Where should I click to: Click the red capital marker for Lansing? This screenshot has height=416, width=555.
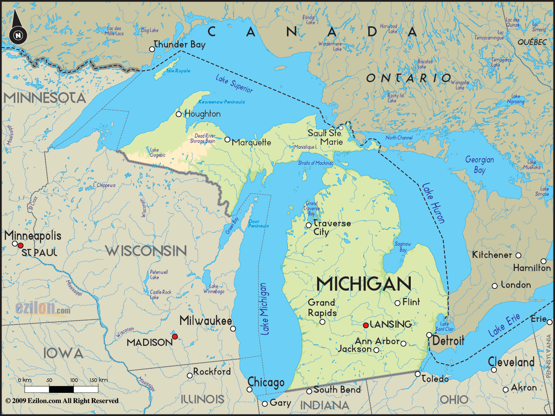click(366, 325)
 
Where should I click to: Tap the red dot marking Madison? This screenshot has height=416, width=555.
click(175, 336)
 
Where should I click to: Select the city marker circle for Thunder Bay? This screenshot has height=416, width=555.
click(152, 49)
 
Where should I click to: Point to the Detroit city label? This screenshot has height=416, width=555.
click(448, 340)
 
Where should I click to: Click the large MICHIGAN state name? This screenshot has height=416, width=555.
click(364, 284)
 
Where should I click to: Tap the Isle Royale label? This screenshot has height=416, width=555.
click(178, 71)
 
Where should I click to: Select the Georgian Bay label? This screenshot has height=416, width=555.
click(480, 165)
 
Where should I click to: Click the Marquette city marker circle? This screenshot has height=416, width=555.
click(227, 139)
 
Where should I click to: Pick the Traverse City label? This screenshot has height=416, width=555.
click(331, 228)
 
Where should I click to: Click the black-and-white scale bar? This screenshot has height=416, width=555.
click(61, 389)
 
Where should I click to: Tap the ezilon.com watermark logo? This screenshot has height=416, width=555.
click(43, 309)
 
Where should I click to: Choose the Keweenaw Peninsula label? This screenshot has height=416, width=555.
click(222, 102)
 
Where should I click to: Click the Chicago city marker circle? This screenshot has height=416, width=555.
click(249, 389)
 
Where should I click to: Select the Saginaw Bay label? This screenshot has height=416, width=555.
click(403, 247)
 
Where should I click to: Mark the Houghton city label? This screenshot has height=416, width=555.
click(202, 114)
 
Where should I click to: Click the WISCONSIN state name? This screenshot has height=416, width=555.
click(146, 251)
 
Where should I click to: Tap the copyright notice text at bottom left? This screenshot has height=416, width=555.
click(62, 401)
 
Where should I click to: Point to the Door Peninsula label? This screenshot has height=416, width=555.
click(258, 224)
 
